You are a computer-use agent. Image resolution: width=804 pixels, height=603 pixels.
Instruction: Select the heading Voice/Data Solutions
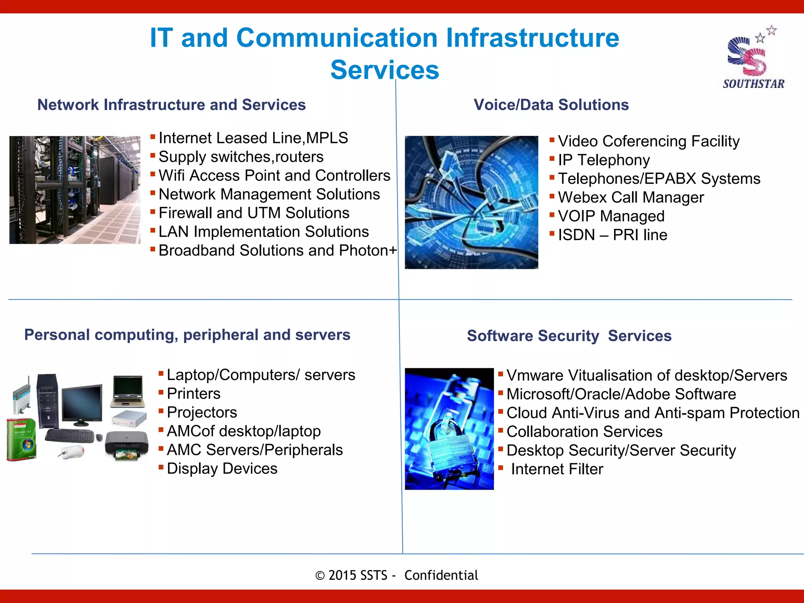[x=551, y=105]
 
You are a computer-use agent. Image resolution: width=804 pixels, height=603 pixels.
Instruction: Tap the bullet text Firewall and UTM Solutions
[x=254, y=213]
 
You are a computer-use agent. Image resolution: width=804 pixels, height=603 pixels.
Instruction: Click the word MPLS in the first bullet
[x=327, y=138]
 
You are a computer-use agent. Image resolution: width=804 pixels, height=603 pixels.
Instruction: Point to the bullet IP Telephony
[x=603, y=160]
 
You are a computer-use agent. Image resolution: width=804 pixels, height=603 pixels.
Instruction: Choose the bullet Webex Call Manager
[x=630, y=197]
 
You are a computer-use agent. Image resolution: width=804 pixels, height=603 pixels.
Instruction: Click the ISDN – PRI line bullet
[x=612, y=235]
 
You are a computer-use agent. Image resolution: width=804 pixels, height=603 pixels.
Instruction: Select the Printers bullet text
[x=193, y=394]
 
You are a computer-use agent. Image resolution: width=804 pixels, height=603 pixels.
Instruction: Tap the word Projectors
[x=202, y=413]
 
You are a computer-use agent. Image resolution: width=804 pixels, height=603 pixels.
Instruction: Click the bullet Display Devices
[x=222, y=469]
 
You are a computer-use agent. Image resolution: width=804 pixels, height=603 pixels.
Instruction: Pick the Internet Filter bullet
[x=556, y=470]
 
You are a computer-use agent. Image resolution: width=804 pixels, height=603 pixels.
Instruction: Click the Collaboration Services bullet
[x=584, y=432]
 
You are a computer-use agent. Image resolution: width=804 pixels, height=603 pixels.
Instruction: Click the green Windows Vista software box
[x=22, y=439]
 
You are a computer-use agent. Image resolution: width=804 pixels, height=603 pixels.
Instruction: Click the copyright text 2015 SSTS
[x=357, y=576]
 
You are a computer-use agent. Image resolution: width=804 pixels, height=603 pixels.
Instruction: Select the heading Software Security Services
[x=569, y=336]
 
